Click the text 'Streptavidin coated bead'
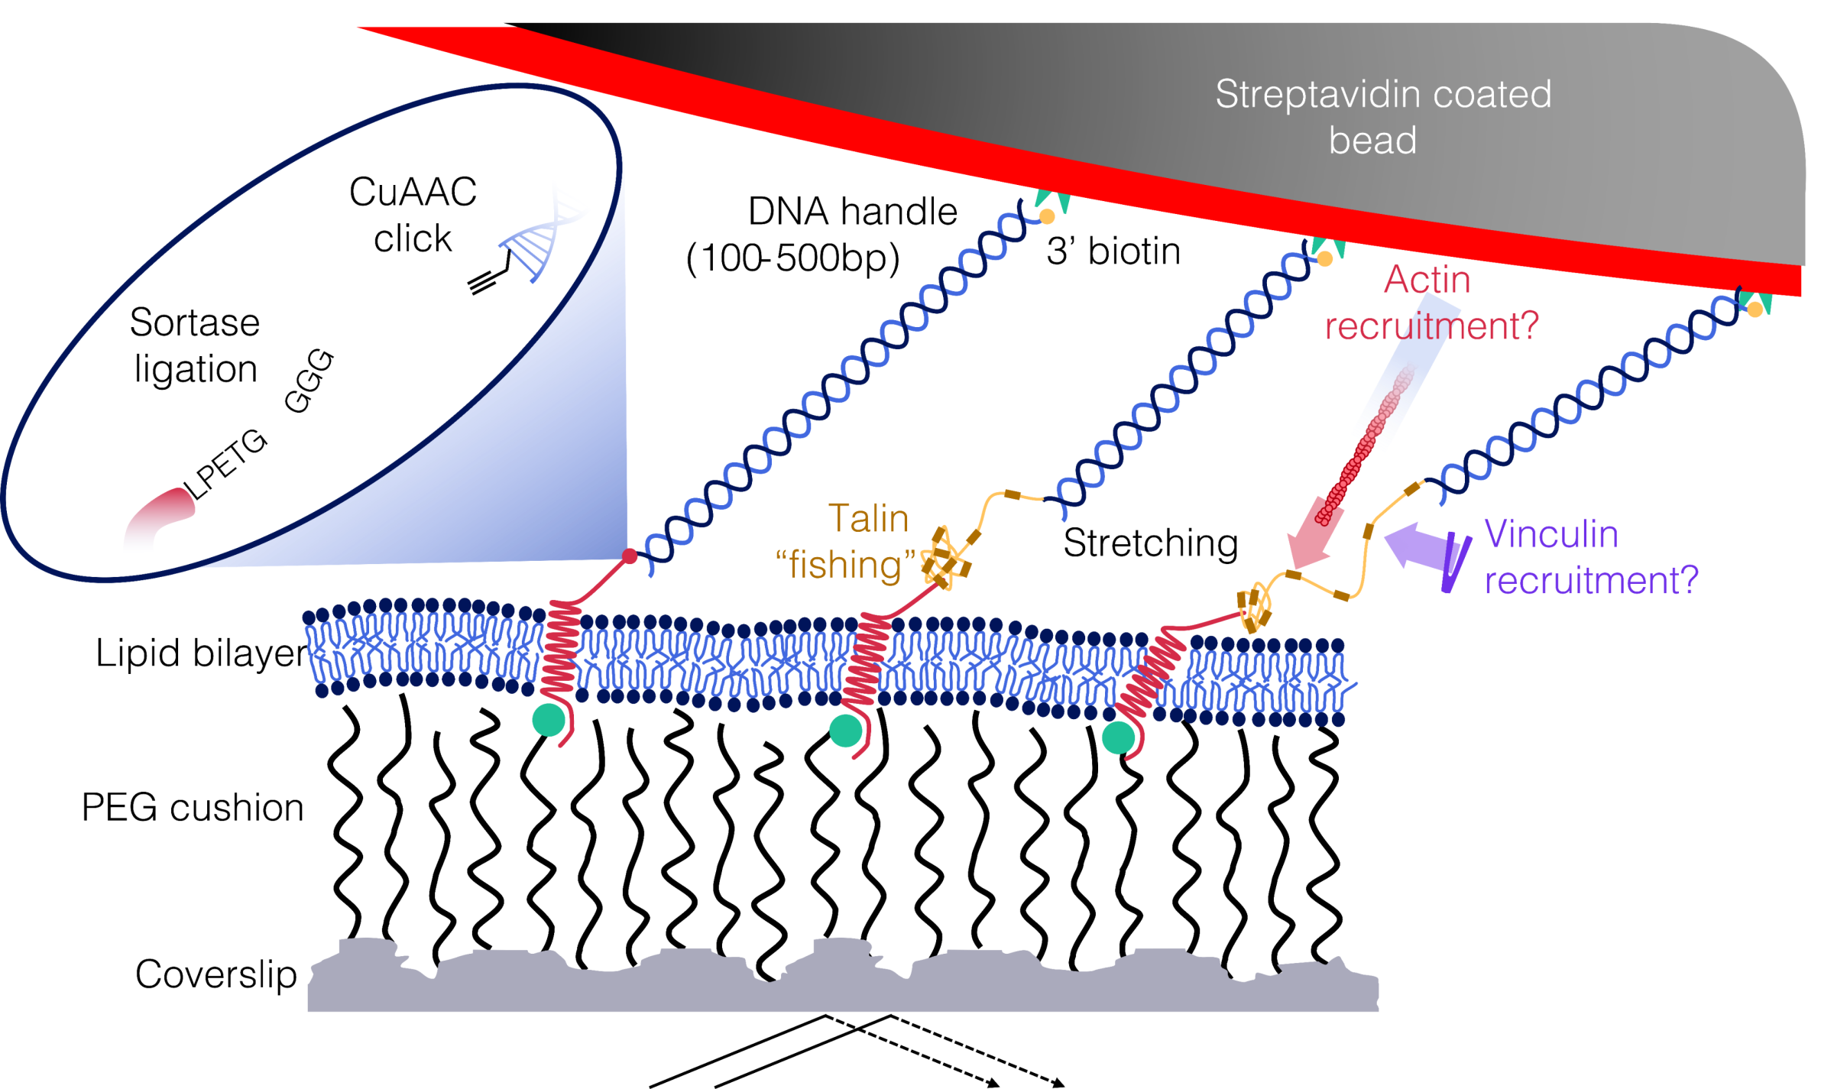pyautogui.click(x=1382, y=117)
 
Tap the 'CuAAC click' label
pyautogui.click(x=413, y=215)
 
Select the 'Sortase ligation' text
pyautogui.click(x=195, y=345)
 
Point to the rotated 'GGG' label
pyautogui.click(x=309, y=381)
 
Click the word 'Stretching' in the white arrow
pyautogui.click(x=1150, y=543)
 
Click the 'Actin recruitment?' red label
pyautogui.click(x=1429, y=303)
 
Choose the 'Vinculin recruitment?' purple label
pyautogui.click(x=1589, y=557)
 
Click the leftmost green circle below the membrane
pyautogui.click(x=549, y=720)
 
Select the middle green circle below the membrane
pyautogui.click(x=846, y=730)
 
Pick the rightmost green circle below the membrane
pyautogui.click(x=1118, y=738)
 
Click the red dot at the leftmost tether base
pyautogui.click(x=630, y=556)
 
